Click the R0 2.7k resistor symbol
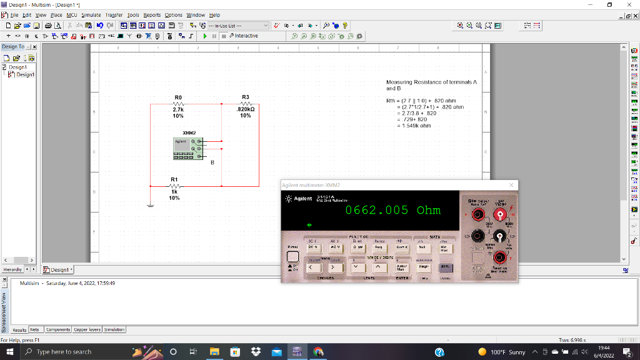[178, 104]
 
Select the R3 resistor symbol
[245, 104]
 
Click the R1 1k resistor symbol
[174, 186]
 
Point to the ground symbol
[150, 205]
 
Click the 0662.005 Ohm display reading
[392, 210]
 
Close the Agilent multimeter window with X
[511, 185]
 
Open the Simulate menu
[91, 15]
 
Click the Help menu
[214, 15]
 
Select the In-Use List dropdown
[237, 26]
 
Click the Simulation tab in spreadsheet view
[114, 329]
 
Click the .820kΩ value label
[246, 109]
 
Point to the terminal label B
[212, 162]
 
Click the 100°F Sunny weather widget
[501, 352]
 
